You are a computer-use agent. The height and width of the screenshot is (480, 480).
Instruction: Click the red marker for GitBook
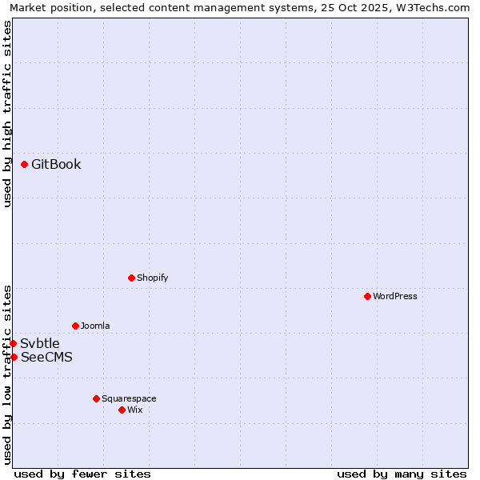pyautogui.click(x=25, y=165)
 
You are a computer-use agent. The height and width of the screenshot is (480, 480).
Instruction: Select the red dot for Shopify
pyautogui.click(x=132, y=278)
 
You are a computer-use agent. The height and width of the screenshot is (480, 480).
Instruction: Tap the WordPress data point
pyautogui.click(x=368, y=297)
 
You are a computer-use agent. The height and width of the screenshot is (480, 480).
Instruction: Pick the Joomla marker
pyautogui.click(x=76, y=326)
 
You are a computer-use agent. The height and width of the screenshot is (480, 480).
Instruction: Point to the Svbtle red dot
pyautogui.click(x=14, y=344)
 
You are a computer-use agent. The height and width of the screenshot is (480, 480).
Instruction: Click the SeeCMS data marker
pyautogui.click(x=14, y=358)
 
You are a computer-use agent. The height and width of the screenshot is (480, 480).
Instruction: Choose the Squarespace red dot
pyautogui.click(x=97, y=398)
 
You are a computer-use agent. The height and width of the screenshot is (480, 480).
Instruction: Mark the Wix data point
pyautogui.click(x=122, y=410)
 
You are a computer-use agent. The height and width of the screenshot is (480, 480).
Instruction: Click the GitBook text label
pyautogui.click(x=56, y=165)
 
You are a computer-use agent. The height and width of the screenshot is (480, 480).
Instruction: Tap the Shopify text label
pyautogui.click(x=152, y=278)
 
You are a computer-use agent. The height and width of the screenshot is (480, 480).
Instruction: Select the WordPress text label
pyautogui.click(x=395, y=297)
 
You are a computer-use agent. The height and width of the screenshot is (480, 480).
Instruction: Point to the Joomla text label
pyautogui.click(x=95, y=326)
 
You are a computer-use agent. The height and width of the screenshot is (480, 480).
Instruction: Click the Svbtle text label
pyautogui.click(x=40, y=344)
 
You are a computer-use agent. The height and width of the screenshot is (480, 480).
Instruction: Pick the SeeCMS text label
pyautogui.click(x=46, y=358)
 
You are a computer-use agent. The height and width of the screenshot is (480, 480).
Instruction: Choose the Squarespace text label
pyautogui.click(x=129, y=398)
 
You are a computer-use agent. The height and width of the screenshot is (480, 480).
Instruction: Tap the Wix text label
pyautogui.click(x=135, y=410)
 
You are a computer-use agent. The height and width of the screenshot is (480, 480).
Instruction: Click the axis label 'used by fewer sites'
pyautogui.click(x=82, y=474)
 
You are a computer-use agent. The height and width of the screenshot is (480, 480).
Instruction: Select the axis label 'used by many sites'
pyautogui.click(x=402, y=474)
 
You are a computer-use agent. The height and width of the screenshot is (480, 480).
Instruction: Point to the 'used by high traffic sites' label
pyautogui.click(x=7, y=114)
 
